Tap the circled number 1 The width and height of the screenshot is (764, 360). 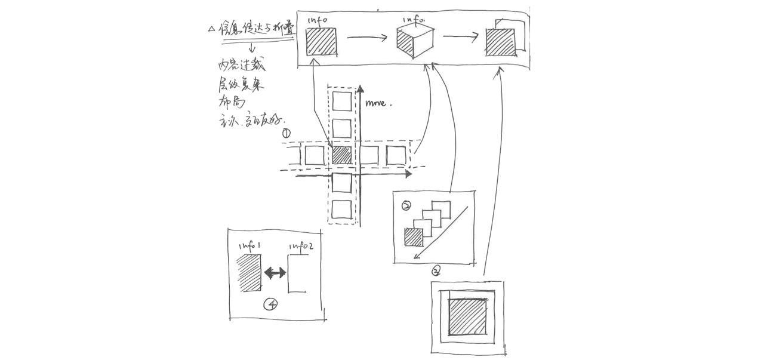pyautogui.click(x=286, y=134)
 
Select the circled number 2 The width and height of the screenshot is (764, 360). pyautogui.click(x=406, y=206)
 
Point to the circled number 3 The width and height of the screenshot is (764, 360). pyautogui.click(x=436, y=271)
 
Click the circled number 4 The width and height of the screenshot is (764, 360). pyautogui.click(x=271, y=304)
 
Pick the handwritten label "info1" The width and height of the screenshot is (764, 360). pyautogui.click(x=250, y=246)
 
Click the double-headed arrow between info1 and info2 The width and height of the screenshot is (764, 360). pyautogui.click(x=275, y=273)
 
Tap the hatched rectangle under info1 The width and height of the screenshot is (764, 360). pyautogui.click(x=249, y=273)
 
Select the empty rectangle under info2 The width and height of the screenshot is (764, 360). pyautogui.click(x=298, y=274)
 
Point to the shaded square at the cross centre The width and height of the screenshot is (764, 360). pyautogui.click(x=341, y=155)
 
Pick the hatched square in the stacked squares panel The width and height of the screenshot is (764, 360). pyautogui.click(x=413, y=238)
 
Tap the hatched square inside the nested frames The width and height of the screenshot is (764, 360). pyautogui.click(x=467, y=317)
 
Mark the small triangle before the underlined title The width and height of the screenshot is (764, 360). pyautogui.click(x=211, y=29)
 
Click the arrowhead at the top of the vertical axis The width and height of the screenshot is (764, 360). pyautogui.click(x=360, y=91)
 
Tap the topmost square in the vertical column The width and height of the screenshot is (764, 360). pyautogui.click(x=342, y=101)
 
